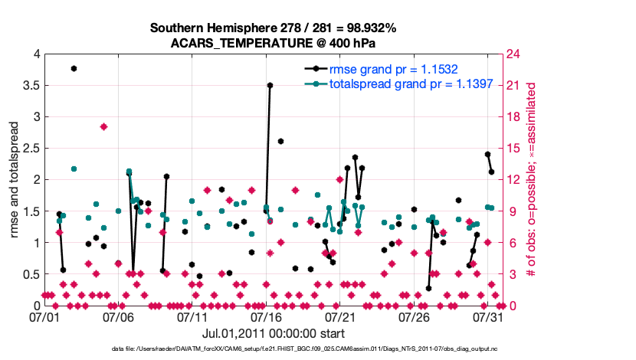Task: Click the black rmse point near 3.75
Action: [74, 68]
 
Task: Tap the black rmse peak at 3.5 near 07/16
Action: [270, 86]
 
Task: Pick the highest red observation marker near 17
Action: [103, 127]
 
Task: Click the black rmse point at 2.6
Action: [281, 141]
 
